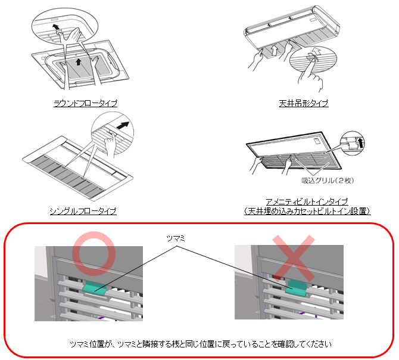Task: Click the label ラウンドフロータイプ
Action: pos(83,103)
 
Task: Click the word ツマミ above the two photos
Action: pos(177,238)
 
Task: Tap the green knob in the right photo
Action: pos(296,288)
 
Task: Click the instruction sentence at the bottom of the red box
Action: pos(200,344)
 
